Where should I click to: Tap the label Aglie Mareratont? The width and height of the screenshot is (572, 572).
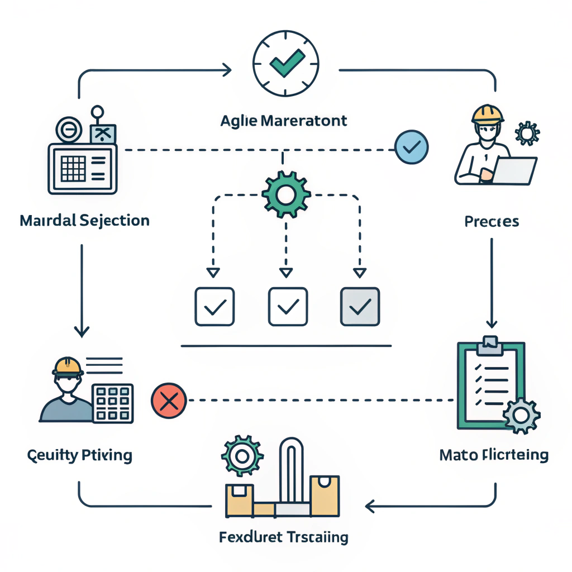[284, 121]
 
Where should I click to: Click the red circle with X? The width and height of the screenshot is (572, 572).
[168, 400]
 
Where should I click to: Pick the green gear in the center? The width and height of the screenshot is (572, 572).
[285, 195]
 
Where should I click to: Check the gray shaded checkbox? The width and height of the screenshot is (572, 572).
[360, 306]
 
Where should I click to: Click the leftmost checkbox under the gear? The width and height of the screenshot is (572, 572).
[214, 306]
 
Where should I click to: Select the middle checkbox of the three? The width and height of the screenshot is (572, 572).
[288, 306]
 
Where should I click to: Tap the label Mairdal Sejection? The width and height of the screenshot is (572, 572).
[84, 220]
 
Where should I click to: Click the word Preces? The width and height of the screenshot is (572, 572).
[492, 222]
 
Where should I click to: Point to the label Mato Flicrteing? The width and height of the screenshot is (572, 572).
[494, 455]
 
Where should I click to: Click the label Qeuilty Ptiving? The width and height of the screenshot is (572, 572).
[80, 455]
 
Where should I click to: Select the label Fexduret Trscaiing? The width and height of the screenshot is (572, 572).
[284, 537]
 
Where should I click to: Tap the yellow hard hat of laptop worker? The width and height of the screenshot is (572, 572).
[488, 113]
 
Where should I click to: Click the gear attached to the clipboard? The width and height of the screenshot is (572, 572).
[521, 415]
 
